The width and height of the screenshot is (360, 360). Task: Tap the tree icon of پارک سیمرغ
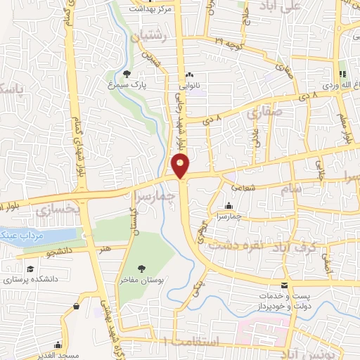click(127, 74)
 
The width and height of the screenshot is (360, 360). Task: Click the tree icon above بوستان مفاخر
click(141, 268)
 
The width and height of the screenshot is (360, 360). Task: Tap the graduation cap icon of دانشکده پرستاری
click(30, 269)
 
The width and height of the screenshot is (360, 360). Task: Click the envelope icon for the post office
click(284, 285)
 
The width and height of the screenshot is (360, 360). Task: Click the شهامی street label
click(238, 187)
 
